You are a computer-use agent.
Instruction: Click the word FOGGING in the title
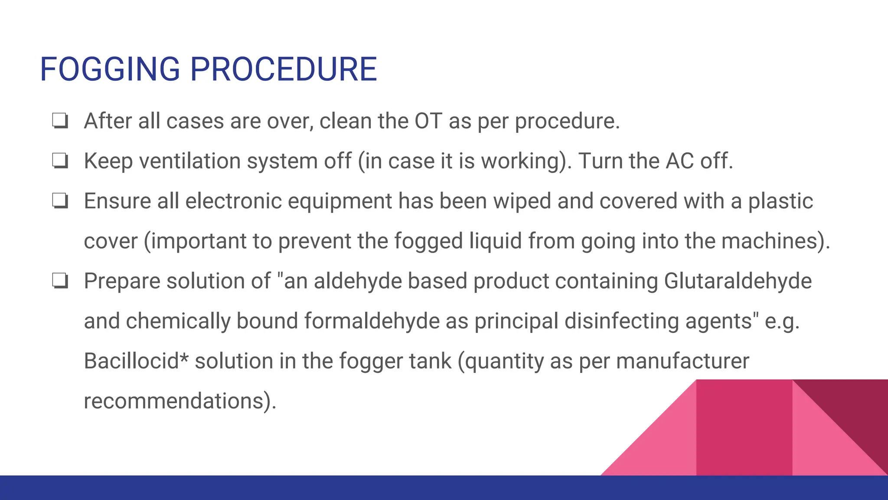click(110, 69)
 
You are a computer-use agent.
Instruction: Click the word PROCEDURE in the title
click(284, 69)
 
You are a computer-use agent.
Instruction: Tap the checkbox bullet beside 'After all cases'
click(60, 121)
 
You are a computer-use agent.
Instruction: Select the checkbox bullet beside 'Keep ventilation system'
click(60, 161)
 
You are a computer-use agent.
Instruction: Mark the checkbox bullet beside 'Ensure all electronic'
click(60, 201)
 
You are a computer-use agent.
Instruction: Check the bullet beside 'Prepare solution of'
click(60, 281)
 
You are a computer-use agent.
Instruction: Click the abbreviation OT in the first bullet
click(428, 121)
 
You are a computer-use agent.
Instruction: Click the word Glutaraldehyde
click(738, 281)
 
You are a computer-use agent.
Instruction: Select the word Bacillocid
click(131, 361)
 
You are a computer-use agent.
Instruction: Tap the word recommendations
click(174, 401)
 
